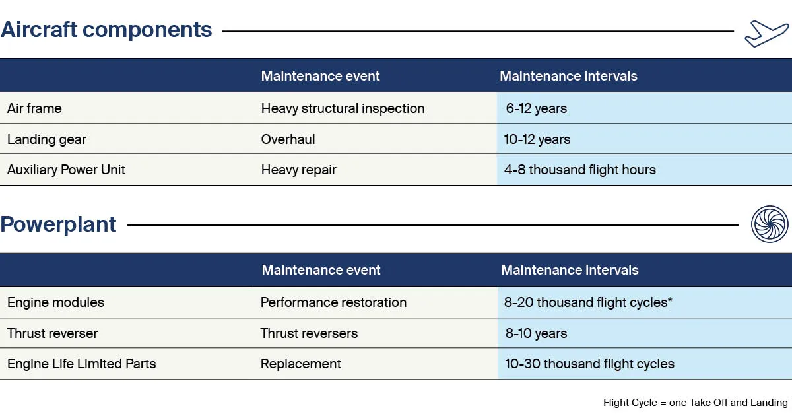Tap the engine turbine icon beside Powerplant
(x=770, y=224)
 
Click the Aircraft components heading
(x=106, y=30)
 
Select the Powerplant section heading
(x=58, y=224)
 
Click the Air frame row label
(x=34, y=108)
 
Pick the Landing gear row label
(x=46, y=139)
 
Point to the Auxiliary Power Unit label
(x=66, y=170)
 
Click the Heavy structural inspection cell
(x=343, y=108)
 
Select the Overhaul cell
(x=288, y=139)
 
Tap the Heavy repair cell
(x=298, y=170)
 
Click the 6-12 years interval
(x=536, y=108)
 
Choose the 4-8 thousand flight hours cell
(x=579, y=170)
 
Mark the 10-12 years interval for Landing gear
(x=537, y=139)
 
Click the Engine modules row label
(x=55, y=302)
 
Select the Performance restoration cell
(x=333, y=302)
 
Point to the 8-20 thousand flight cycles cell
(x=587, y=302)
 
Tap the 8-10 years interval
(x=536, y=333)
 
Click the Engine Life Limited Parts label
(x=81, y=364)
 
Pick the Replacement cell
(x=300, y=364)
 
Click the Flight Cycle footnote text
(x=695, y=403)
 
